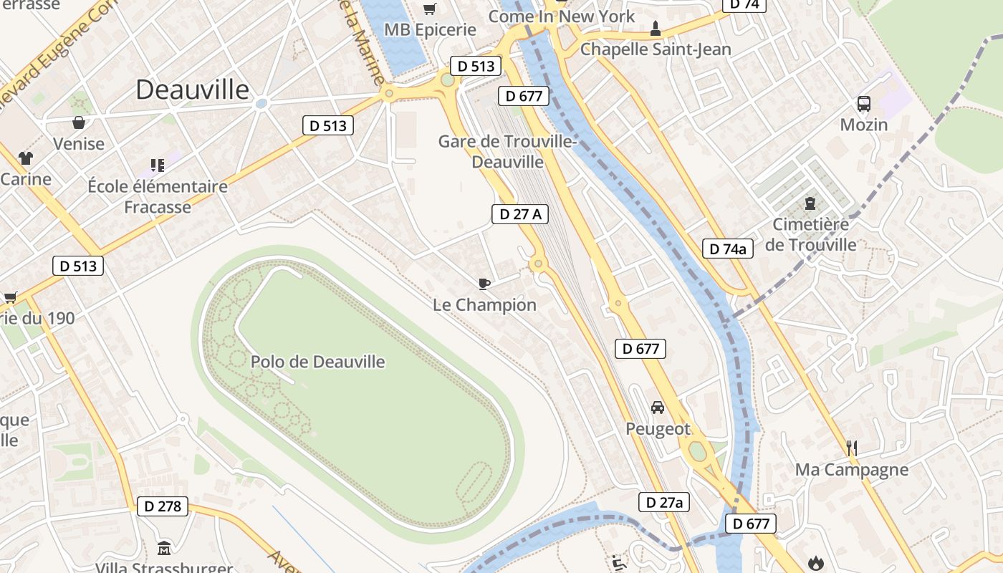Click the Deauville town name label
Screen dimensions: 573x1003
(192, 90)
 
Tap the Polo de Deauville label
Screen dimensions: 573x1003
(317, 362)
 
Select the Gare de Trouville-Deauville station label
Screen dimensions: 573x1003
(507, 151)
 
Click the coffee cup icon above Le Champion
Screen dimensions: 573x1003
(484, 284)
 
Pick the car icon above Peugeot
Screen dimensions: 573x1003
(657, 408)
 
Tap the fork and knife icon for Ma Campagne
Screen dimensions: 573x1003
(852, 448)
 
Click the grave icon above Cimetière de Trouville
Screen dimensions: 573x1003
(810, 203)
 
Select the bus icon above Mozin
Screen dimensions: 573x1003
(864, 104)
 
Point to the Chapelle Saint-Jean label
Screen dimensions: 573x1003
(656, 49)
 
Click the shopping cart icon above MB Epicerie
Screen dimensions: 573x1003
(429, 9)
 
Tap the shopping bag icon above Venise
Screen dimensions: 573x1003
(79, 122)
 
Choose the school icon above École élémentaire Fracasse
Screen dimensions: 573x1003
(158, 165)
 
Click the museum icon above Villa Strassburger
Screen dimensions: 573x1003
(164, 548)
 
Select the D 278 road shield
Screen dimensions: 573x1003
(163, 506)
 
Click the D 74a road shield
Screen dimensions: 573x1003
(728, 249)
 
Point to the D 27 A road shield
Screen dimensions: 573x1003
(520, 213)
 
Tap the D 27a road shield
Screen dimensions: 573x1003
(664, 502)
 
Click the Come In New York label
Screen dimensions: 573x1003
(561, 16)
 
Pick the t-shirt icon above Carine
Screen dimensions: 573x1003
(26, 158)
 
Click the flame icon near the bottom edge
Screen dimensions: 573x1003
(816, 564)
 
